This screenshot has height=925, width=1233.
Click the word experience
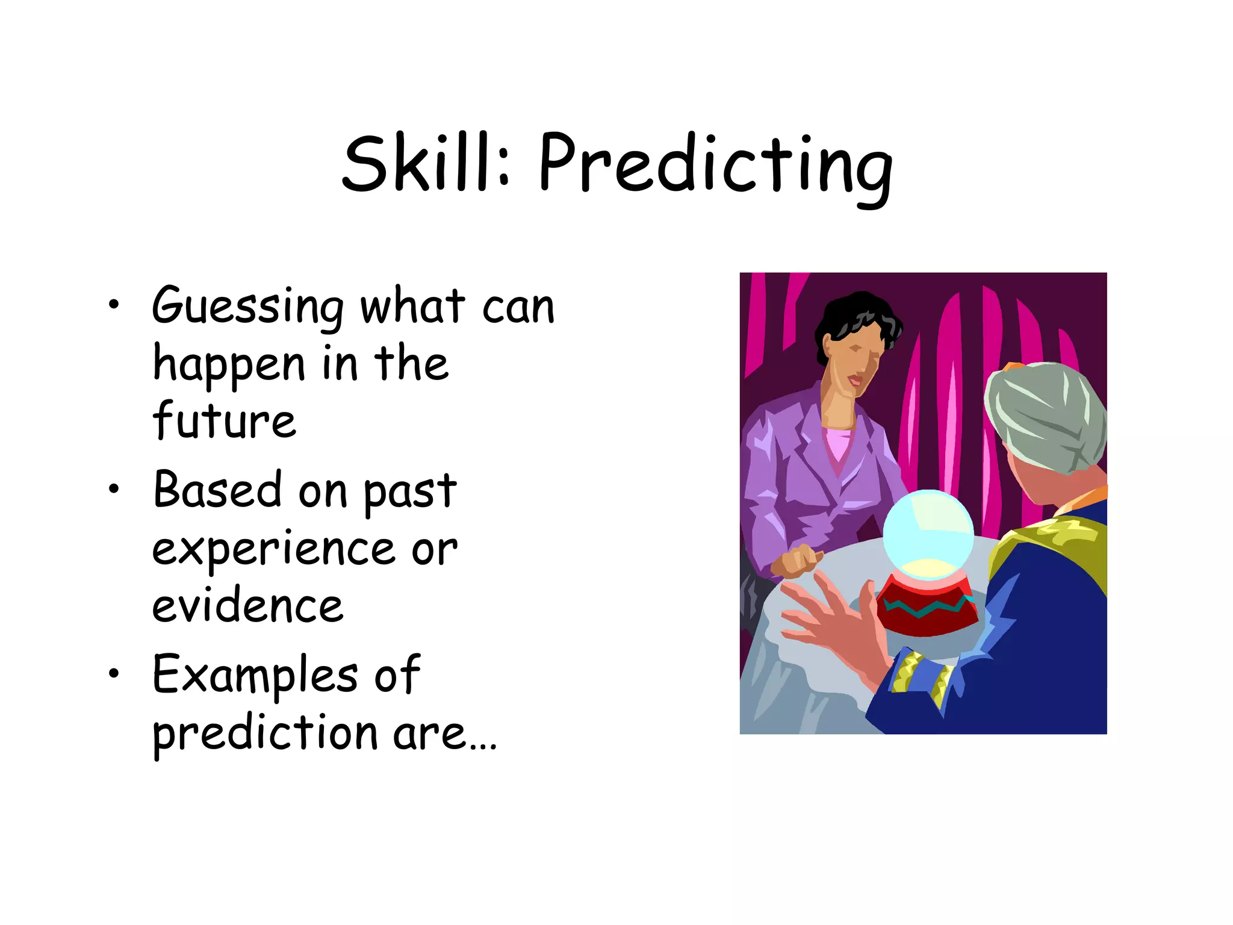tap(274, 549)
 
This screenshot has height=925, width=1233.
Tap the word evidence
tap(247, 605)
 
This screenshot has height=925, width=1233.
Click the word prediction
tap(265, 734)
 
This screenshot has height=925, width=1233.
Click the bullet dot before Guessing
tap(114, 305)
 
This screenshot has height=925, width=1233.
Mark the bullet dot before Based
tap(114, 490)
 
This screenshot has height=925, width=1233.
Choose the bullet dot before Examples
tap(114, 674)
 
